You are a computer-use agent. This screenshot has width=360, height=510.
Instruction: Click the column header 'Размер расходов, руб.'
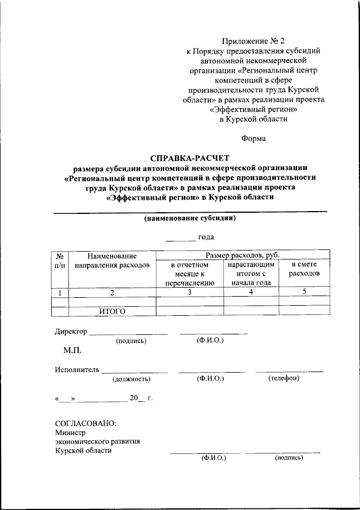pyautogui.click(x=242, y=255)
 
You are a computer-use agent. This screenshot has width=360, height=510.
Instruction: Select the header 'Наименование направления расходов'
pyautogui.click(x=112, y=260)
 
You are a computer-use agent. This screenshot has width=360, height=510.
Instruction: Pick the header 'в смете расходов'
pyautogui.click(x=304, y=269)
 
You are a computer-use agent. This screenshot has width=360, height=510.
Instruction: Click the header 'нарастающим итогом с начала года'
pyautogui.click(x=251, y=273)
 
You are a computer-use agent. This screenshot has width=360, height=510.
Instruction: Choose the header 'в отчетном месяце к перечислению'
pyautogui.click(x=190, y=273)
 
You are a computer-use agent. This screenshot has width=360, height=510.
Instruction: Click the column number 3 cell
pyautogui.click(x=190, y=292)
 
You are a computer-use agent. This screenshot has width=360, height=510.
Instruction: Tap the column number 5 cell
pyautogui.click(x=304, y=292)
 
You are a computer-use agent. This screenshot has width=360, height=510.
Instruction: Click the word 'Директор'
pyautogui.click(x=71, y=331)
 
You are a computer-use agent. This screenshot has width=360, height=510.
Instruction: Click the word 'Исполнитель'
pyautogui.click(x=77, y=369)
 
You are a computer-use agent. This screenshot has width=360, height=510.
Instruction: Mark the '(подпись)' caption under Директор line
pyautogui.click(x=131, y=341)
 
